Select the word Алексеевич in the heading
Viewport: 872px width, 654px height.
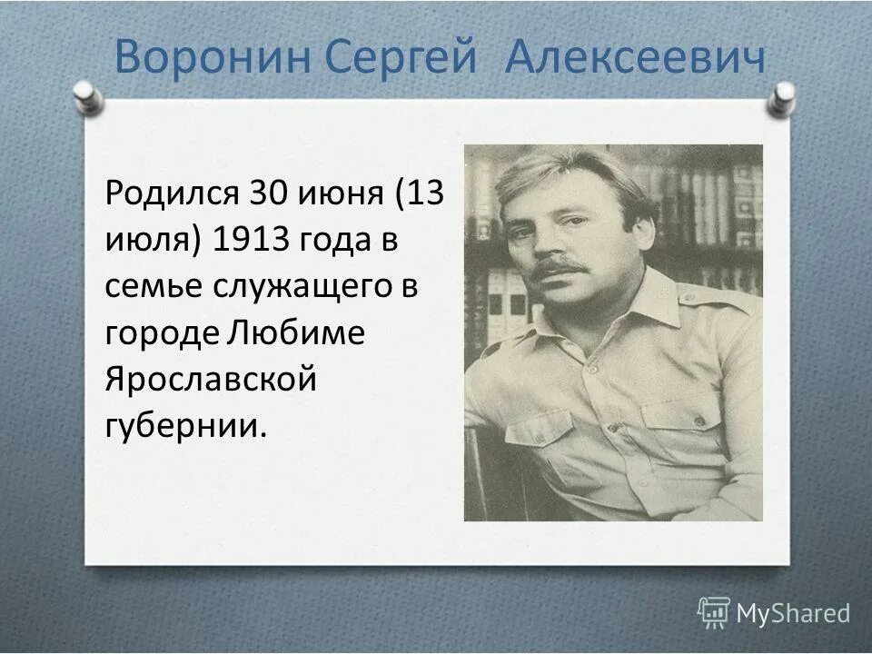[635, 58]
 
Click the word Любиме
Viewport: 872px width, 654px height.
[292, 332]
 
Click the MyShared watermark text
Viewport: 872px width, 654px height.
[793, 613]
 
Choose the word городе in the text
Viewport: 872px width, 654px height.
[159, 332]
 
